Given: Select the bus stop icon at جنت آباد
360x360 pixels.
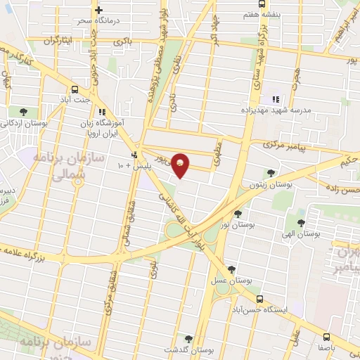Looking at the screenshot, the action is (75, 89).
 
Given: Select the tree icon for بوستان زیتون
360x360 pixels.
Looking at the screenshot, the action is (271, 172).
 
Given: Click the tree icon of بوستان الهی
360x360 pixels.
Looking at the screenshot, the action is (301, 223).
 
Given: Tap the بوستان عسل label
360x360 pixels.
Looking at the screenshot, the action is (229, 281).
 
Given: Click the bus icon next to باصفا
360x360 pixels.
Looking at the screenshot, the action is (328, 336).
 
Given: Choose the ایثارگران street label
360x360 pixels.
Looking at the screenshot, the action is (59, 41).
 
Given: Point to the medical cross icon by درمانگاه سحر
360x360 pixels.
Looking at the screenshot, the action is (98, 11).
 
